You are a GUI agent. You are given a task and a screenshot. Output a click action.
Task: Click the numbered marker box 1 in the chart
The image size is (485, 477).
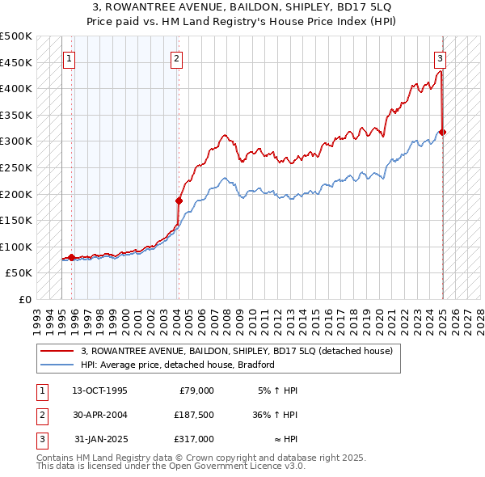coord(69,58)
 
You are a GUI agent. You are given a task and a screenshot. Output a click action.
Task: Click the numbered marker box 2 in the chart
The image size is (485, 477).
coord(176,58)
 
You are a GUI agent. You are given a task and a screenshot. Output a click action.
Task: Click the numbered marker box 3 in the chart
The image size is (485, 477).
coord(440,58)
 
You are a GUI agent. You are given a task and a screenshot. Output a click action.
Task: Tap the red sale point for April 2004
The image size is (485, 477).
coord(179,201)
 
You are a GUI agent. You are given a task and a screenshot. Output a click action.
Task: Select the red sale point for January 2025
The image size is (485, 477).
coord(443,132)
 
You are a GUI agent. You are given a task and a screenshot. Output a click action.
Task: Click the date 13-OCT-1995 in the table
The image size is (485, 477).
coord(99,390)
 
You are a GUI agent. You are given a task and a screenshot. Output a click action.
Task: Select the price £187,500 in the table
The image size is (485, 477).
coord(194,415)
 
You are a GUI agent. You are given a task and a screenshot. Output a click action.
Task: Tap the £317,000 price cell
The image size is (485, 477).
coord(194,439)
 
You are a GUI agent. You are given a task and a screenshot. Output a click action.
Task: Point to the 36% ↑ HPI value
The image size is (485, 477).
coord(275,415)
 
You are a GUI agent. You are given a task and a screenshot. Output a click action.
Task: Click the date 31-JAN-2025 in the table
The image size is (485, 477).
coord(99,439)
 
